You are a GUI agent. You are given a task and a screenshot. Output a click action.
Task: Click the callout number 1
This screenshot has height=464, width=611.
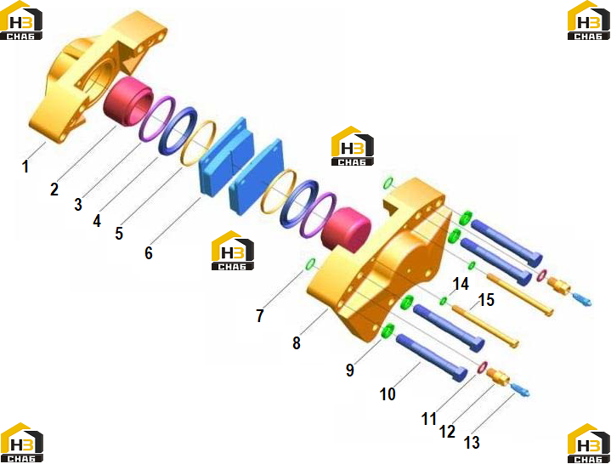[25, 167]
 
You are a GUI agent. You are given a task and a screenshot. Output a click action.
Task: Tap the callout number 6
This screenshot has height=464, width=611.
[149, 253]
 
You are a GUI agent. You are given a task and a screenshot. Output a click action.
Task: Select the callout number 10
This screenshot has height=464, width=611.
[388, 393]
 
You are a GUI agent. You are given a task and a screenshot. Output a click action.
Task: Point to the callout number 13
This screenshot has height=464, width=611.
[472, 442]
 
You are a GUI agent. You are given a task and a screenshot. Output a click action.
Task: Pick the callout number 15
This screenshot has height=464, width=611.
[486, 300]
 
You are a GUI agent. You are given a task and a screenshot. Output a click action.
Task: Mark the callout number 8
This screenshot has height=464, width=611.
[297, 342]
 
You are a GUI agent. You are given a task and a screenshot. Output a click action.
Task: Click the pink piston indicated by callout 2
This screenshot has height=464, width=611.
[127, 102]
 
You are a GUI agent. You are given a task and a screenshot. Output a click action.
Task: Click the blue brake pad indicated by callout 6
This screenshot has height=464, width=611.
[226, 156]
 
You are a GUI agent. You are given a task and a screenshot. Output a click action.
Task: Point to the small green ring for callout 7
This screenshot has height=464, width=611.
[310, 264]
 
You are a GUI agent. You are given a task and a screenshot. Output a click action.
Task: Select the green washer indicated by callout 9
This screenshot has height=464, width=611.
[388, 331]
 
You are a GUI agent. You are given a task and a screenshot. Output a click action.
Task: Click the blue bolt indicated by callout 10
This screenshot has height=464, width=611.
[432, 357]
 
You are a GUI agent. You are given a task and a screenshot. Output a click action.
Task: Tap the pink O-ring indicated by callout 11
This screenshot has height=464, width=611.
[483, 366]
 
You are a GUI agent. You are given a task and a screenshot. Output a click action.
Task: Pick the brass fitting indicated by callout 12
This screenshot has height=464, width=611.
[498, 376]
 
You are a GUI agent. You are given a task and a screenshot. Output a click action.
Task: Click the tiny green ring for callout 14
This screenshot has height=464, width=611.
[443, 301]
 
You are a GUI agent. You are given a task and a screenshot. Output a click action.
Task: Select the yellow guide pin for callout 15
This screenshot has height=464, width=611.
[484, 326]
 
